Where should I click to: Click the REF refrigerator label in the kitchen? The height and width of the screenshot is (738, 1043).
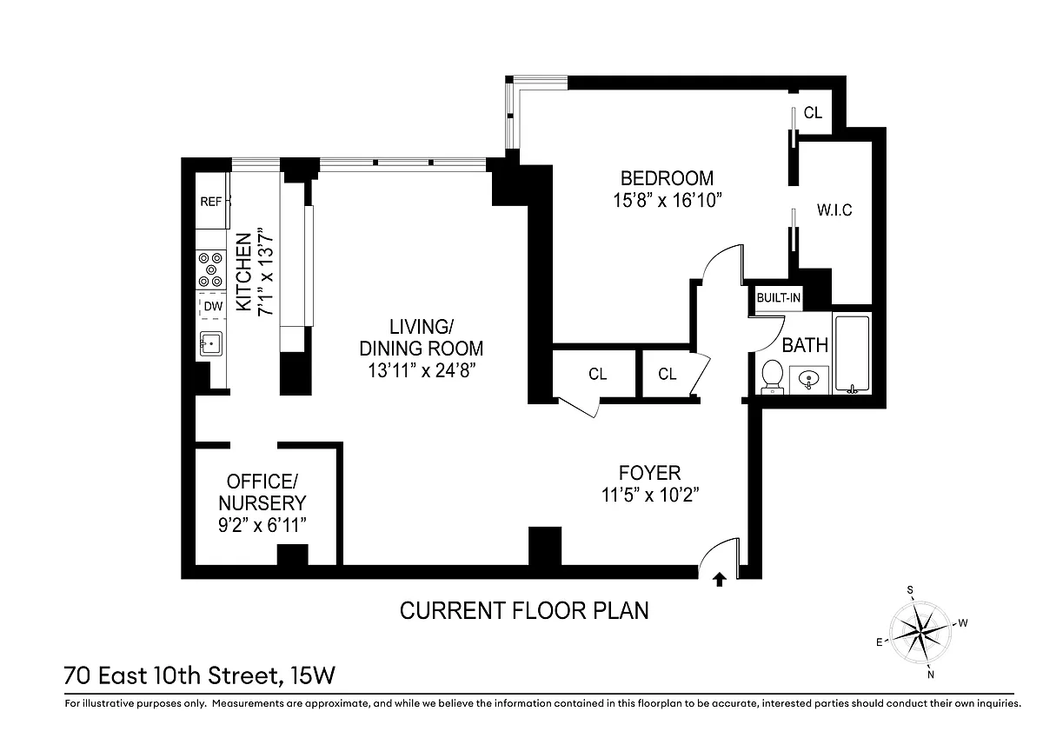[x=210, y=202]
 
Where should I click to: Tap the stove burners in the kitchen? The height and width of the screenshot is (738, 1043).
[x=210, y=269]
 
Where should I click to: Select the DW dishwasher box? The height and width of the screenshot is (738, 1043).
[x=213, y=306]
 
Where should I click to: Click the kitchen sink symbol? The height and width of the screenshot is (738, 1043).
[x=211, y=343]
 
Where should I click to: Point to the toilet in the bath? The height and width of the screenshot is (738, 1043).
[x=773, y=376]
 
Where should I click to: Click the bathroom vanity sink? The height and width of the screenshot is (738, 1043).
[x=809, y=380]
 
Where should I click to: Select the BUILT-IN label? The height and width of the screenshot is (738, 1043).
[x=778, y=297]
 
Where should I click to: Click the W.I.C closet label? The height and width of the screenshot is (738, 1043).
[x=834, y=210]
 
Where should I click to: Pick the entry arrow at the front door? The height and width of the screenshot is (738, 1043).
[x=720, y=579]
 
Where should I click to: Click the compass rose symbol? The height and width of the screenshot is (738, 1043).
[x=920, y=632]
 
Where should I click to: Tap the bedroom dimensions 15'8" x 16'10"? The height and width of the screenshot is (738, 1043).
[x=667, y=201]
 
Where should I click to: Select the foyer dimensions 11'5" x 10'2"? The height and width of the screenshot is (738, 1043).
[x=650, y=495]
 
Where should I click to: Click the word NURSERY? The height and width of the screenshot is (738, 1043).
[x=262, y=503]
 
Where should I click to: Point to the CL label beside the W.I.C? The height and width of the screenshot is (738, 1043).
[x=813, y=113]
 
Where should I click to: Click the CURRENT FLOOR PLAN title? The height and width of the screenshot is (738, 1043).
[x=524, y=610]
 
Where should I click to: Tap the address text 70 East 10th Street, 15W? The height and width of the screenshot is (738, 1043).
[x=199, y=676]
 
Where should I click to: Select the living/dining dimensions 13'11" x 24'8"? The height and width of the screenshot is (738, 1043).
[x=422, y=371]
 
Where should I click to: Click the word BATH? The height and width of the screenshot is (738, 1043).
[x=805, y=345]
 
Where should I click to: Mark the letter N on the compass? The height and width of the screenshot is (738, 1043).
[x=931, y=675]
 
